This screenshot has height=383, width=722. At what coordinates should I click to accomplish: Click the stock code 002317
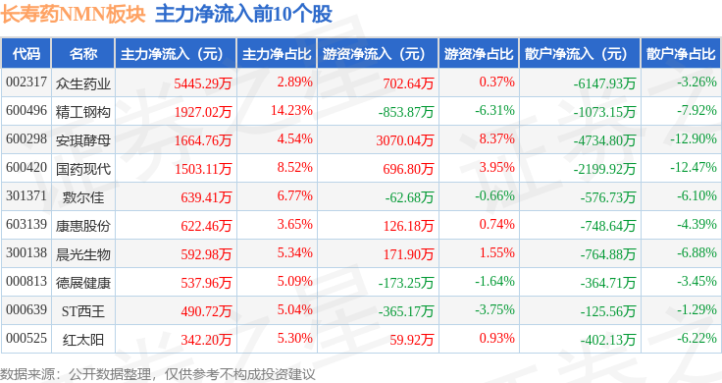(x=26, y=82)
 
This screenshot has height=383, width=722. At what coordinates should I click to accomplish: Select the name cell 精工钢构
(x=82, y=112)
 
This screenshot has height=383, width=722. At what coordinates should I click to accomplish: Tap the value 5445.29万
(x=203, y=83)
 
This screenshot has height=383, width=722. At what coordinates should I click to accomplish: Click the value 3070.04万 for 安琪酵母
(x=405, y=140)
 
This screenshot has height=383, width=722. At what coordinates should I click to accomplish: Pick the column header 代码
(x=26, y=54)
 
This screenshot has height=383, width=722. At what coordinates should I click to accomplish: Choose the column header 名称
(x=82, y=54)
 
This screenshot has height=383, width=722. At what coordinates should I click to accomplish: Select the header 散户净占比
(x=681, y=54)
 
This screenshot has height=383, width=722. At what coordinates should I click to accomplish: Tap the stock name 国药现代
(x=82, y=169)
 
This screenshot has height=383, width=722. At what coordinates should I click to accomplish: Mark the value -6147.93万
(x=604, y=83)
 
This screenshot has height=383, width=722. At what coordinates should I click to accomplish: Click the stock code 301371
(x=26, y=195)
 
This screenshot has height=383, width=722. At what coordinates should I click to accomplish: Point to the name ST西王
(x=82, y=311)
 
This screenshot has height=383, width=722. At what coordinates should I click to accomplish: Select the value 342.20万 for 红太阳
(x=206, y=340)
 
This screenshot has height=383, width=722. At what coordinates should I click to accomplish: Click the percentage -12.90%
(x=693, y=139)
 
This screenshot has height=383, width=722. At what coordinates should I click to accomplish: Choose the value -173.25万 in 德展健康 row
(x=406, y=283)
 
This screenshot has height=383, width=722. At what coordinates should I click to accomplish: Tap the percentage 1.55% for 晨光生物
(x=496, y=253)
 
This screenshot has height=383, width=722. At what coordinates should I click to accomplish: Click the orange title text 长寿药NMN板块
(x=73, y=14)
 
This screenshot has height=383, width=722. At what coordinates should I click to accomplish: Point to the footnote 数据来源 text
(x=27, y=374)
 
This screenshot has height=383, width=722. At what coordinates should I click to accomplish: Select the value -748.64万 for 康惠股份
(x=608, y=226)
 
